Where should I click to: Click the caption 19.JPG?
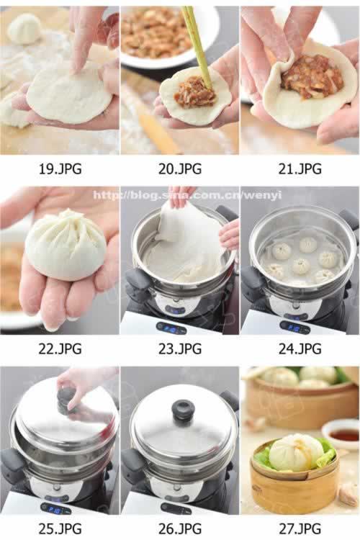click(x=60, y=169)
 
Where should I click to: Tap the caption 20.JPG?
click(x=179, y=169)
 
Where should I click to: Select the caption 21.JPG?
click(x=300, y=169)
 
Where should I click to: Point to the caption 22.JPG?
click(x=60, y=349)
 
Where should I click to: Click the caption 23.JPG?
click(x=179, y=349)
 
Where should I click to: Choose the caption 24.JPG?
click(x=300, y=349)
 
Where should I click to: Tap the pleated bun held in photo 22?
click(x=66, y=245)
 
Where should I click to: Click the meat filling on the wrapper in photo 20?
click(x=194, y=92)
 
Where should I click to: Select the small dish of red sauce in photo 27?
click(x=343, y=435)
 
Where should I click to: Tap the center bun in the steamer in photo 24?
click(x=301, y=265)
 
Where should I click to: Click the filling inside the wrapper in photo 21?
click(x=310, y=76)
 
